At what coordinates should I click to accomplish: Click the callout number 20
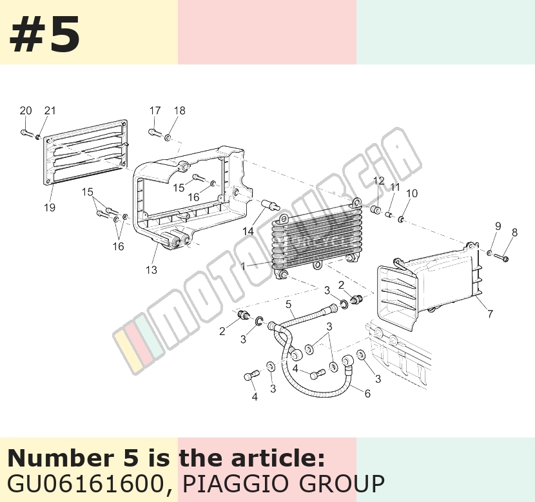[26, 110]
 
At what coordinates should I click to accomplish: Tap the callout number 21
[50, 110]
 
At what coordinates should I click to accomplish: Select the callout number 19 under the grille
[50, 207]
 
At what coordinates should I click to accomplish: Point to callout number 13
[151, 270]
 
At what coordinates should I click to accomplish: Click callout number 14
[248, 231]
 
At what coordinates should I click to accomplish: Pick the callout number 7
[490, 313]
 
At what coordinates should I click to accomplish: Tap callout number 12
[379, 180]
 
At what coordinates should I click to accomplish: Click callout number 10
[412, 193]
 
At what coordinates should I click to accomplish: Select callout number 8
[514, 232]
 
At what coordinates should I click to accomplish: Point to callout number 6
[367, 394]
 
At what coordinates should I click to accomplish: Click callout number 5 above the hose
[289, 304]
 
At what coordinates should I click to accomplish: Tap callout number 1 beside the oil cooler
[243, 265]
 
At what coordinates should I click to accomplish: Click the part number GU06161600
[84, 483]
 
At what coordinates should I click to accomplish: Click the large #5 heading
[44, 34]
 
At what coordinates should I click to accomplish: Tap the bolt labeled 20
[26, 133]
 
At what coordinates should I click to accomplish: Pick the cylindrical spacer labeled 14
[271, 206]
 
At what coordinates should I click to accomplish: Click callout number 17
[155, 110]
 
